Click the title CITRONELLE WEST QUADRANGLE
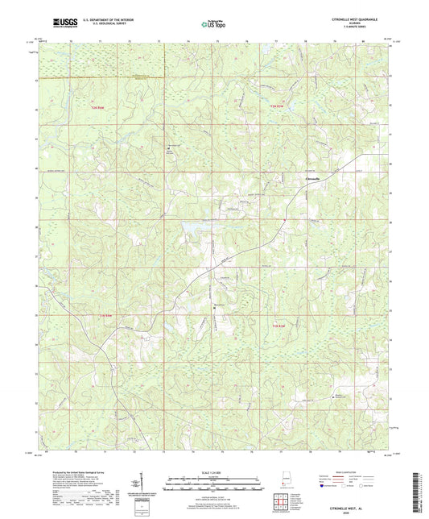pos(350,19)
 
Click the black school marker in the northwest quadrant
pos(168,147)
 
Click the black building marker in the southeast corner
pos(336,397)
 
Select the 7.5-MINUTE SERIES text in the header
pos(350,28)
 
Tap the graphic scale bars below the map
pos(214,485)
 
